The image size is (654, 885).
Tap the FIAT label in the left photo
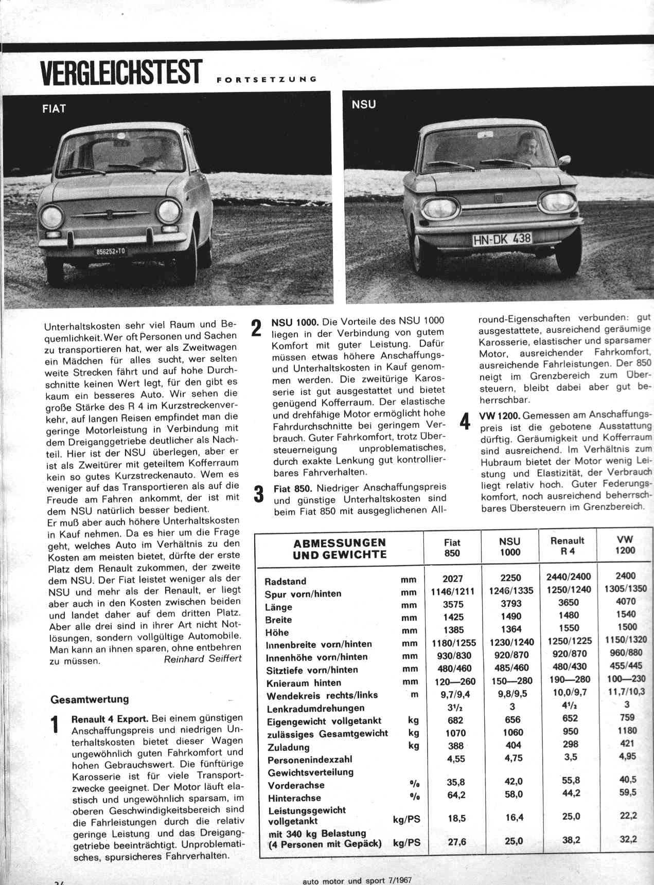click(54, 109)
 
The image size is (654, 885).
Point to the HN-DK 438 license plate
click(502, 239)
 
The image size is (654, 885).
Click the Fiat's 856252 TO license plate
click(110, 251)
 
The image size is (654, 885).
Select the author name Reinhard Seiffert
click(202, 659)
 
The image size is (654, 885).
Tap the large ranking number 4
click(465, 421)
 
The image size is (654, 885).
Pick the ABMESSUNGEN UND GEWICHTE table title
click(340, 549)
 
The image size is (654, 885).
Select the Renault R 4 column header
click(567, 546)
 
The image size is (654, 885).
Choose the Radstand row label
click(285, 582)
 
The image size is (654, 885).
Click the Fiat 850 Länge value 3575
click(453, 604)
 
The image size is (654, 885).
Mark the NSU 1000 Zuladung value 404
click(512, 745)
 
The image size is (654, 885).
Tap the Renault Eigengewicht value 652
click(570, 718)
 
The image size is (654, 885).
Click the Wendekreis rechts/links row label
click(322, 696)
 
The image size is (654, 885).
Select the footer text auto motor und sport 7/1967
click(357, 880)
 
